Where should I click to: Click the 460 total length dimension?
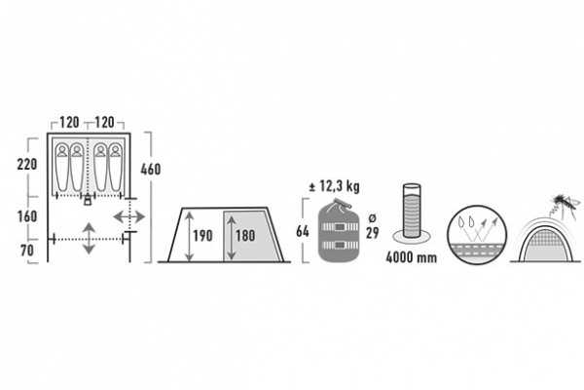point(151,170)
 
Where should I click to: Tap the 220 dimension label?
point(27,164)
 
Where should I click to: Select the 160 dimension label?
point(27,216)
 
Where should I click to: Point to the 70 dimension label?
point(27,251)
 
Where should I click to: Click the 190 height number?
point(202,236)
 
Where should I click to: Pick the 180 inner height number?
point(245,236)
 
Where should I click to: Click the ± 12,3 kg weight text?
point(335,186)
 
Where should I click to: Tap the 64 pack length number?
point(303,231)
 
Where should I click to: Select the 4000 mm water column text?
point(411,257)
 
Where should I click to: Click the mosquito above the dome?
point(565,205)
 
